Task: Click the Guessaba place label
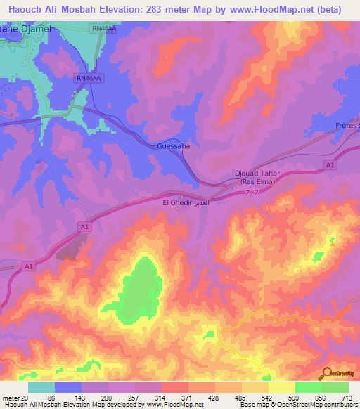[173, 147]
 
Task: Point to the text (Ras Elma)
[260, 182]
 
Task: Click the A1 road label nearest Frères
[329, 164]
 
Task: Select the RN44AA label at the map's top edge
[105, 28]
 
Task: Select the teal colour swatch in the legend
[41, 387]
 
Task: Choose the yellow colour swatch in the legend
[281, 387]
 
